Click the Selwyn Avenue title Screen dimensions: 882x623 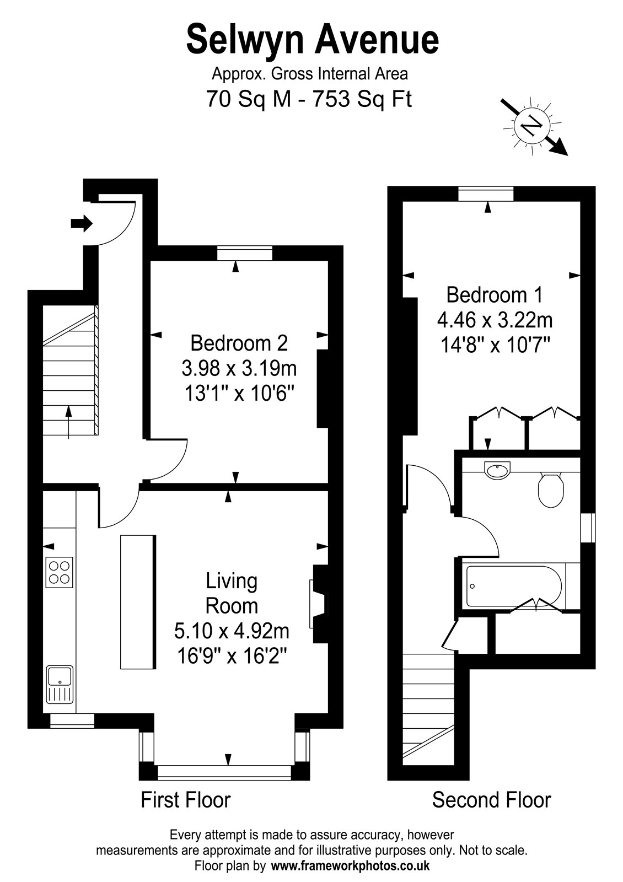(313, 40)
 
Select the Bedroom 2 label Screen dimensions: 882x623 (239, 343)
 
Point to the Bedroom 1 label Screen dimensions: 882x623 (494, 295)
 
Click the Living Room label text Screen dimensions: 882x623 (232, 593)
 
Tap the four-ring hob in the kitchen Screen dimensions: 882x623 (60, 571)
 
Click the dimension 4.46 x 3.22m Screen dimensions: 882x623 (494, 320)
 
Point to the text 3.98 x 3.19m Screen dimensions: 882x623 (239, 368)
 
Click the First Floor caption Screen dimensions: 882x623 (185, 799)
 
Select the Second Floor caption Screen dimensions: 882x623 (491, 799)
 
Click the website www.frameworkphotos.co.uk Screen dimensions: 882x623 (351, 865)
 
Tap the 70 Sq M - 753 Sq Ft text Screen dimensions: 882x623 (309, 99)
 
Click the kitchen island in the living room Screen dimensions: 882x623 (137, 601)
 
